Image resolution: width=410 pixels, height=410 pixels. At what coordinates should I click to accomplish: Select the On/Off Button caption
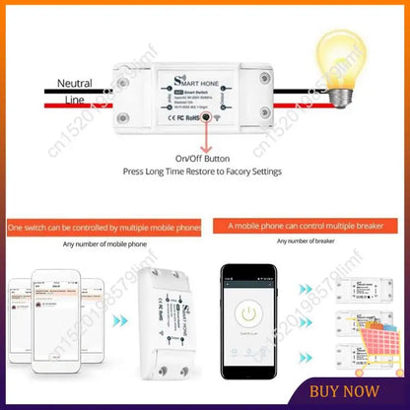pos(203,158)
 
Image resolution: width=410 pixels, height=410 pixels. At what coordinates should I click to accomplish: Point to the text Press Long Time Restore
pos(203,171)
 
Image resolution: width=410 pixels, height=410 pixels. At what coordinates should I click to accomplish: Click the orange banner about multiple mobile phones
pos(102,227)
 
